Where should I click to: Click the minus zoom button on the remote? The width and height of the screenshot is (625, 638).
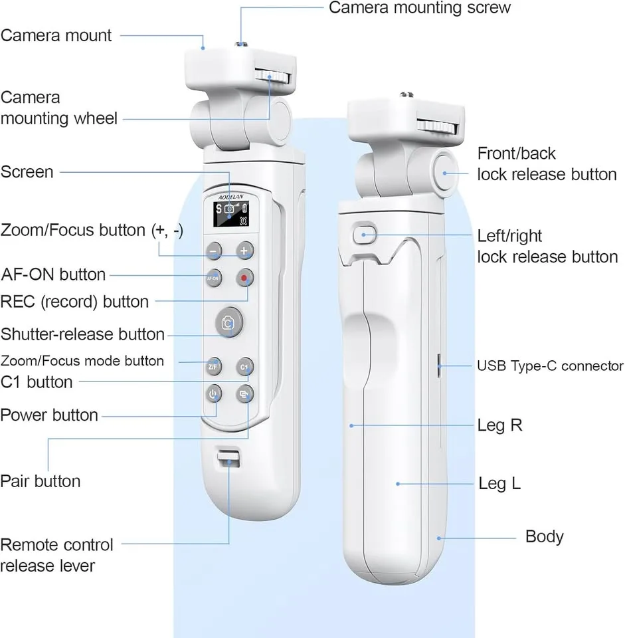214,251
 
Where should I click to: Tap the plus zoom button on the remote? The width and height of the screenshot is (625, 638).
245,251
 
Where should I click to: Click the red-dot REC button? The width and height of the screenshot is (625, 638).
245,278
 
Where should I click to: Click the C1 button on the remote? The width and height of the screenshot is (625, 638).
244,366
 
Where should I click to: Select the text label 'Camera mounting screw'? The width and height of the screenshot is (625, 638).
420,8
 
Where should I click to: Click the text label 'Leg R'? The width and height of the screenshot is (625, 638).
499,425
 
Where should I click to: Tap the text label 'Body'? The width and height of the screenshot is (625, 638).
544,536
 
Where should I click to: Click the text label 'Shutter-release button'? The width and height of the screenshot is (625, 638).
82,334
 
